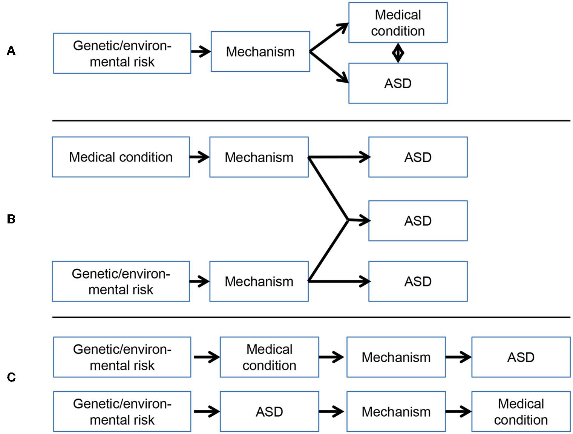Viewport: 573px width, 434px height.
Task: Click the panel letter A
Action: pyautogui.click(x=11, y=50)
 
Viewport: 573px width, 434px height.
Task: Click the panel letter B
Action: pyautogui.click(x=11, y=219)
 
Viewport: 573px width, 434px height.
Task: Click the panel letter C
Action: pyautogui.click(x=11, y=377)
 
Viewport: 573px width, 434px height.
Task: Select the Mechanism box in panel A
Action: pyautogui.click(x=260, y=52)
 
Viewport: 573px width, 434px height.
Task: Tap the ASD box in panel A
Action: pyautogui.click(x=398, y=83)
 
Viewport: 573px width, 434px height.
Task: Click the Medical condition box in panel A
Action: pyautogui.click(x=398, y=23)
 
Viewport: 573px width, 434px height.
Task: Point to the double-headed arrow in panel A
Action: pyautogui.click(x=398, y=53)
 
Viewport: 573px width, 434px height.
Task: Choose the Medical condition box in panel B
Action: pyautogui.click(x=121, y=157)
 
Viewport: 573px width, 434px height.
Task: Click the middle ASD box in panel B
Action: pyautogui.click(x=418, y=221)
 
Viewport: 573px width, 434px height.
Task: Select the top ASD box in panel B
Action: pyautogui.click(x=418, y=157)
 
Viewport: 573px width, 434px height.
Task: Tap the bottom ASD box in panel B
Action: pyautogui.click(x=418, y=282)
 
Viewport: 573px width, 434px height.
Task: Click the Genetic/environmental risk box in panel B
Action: pyautogui.click(x=121, y=282)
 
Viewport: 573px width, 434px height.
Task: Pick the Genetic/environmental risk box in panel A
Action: pyautogui.click(x=122, y=53)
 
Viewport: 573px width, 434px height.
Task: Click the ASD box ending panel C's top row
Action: pyautogui.click(x=521, y=357)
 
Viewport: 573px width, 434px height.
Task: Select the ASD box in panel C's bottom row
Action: pyautogui.click(x=269, y=411)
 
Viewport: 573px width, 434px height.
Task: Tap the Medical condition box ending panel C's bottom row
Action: pyautogui.click(x=521, y=411)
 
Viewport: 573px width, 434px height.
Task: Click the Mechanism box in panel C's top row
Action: pyautogui.click(x=396, y=357)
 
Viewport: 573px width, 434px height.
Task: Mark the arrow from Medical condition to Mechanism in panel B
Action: pyautogui.click(x=199, y=157)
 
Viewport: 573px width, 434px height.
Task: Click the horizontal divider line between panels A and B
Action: pyautogui.click(x=311, y=121)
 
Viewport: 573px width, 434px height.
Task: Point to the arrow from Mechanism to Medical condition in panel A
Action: pyautogui.click(x=329, y=37)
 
